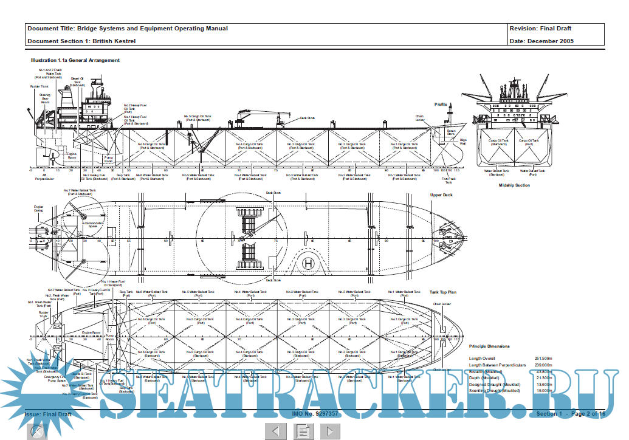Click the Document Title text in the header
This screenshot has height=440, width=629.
coord(128,29)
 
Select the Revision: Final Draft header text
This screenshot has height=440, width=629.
coord(540,29)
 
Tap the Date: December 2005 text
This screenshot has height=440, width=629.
coord(542,41)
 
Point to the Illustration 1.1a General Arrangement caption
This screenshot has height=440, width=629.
coord(75,60)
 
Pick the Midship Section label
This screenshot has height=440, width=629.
coord(514,185)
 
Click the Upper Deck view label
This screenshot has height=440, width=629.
coord(442,195)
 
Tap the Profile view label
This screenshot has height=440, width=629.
coord(441,105)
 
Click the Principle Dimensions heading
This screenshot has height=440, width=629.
coord(489,346)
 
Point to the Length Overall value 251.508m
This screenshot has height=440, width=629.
coord(543,359)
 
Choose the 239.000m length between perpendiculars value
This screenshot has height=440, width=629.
coord(543,365)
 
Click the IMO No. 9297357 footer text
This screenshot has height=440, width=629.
coord(315,414)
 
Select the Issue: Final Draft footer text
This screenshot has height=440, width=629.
coord(48,414)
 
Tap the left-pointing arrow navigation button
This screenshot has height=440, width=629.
coord(275,431)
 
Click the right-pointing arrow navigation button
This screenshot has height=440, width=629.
coord(330,431)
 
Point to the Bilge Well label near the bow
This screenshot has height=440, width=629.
coord(463,142)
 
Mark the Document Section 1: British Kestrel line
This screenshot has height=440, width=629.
coord(81,41)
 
